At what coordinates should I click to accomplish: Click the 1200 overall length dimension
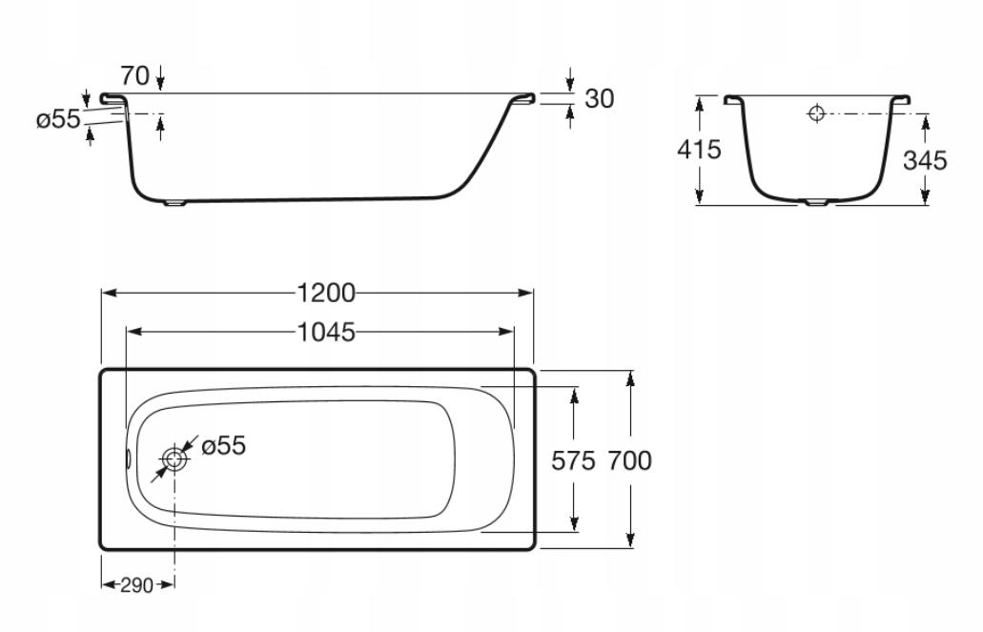325,293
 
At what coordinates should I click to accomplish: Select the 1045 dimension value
325,333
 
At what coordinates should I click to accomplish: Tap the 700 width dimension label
629,460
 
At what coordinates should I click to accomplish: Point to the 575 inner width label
573,460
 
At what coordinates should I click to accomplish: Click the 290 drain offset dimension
136,585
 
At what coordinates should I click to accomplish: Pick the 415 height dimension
699,150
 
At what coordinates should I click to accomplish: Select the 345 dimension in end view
925,160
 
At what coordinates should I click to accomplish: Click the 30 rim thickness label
600,98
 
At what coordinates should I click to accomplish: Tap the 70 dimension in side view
135,76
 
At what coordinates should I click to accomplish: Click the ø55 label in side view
58,119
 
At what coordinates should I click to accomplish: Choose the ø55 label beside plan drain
224,446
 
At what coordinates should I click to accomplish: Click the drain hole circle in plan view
174,459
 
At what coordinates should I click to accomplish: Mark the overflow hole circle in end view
816,113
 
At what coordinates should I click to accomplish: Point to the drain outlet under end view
816,202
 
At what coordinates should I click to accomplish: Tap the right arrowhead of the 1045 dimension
506,332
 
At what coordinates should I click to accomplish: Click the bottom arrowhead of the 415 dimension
699,196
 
